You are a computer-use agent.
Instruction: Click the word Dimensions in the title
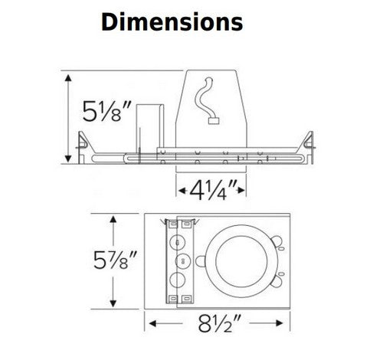click(x=172, y=22)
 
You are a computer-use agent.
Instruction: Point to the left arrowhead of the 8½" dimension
click(x=150, y=323)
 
